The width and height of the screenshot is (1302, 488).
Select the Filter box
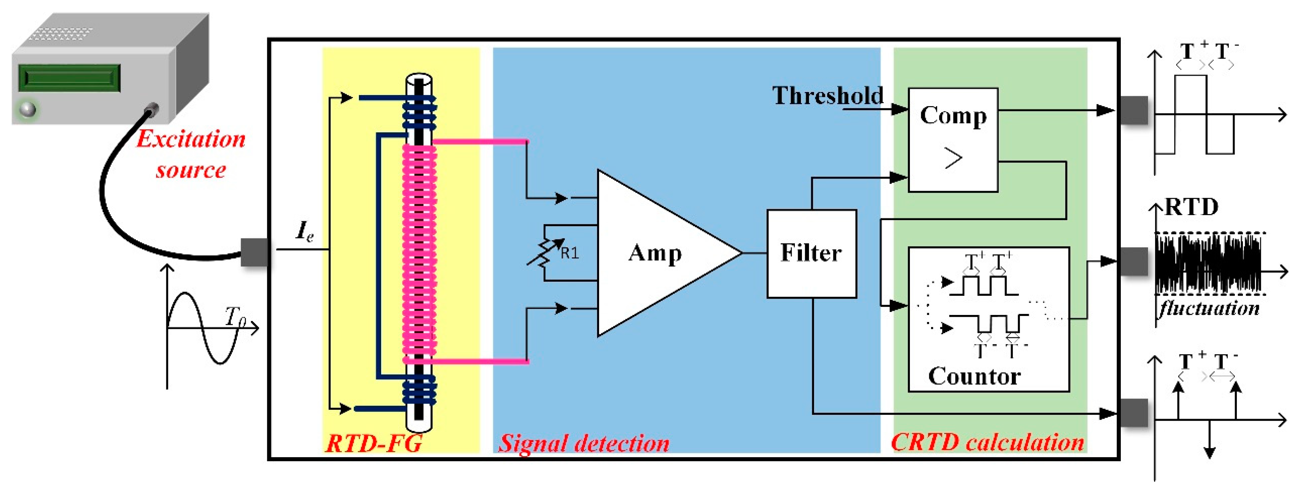click(811, 253)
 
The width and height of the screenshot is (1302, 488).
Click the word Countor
click(974, 377)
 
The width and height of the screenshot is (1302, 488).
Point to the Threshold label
click(827, 96)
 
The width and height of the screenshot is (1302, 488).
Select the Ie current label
click(304, 231)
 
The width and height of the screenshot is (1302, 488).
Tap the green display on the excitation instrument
click(69, 78)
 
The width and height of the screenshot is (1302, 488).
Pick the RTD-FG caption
click(373, 443)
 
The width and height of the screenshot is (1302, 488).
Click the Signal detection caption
click(584, 443)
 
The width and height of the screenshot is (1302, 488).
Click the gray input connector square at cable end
click(254, 252)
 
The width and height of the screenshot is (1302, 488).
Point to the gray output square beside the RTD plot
click(1134, 262)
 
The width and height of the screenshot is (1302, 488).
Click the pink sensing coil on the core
click(419, 253)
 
